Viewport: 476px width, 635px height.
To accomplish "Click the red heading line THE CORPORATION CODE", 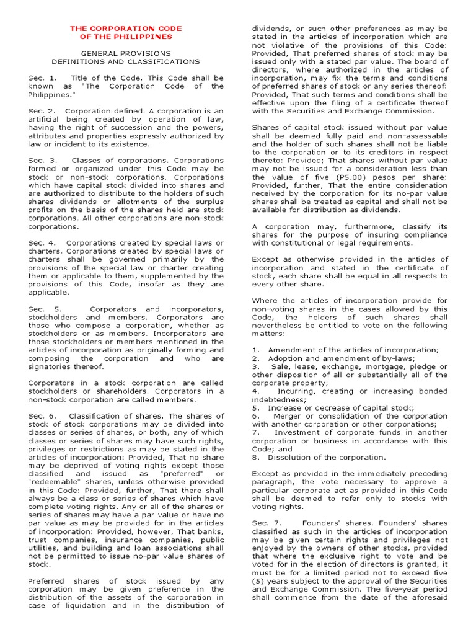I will (126, 29).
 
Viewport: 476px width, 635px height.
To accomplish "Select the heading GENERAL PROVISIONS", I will (126, 54).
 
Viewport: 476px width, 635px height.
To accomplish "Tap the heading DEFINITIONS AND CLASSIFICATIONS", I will (126, 62).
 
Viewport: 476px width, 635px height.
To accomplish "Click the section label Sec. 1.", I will (42, 78).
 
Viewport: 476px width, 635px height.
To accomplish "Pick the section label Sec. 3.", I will (42, 160).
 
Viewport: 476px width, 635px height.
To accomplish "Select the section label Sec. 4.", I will (42, 242).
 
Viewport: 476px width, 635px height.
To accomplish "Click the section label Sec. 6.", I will (42, 416).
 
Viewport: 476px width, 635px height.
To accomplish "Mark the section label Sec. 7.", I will (267, 507).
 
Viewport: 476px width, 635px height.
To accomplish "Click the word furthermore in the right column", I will (349, 226).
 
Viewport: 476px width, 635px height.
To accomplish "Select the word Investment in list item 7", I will (300, 432).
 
